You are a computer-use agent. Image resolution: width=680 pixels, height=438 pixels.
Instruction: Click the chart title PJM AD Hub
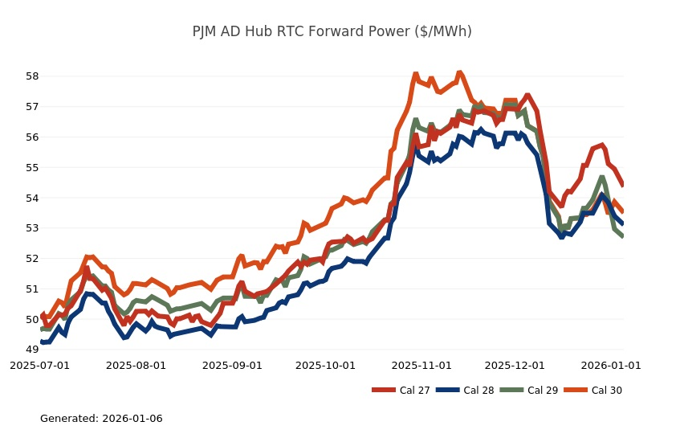coord(332,31)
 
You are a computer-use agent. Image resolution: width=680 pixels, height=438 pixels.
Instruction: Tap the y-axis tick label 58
coord(32,76)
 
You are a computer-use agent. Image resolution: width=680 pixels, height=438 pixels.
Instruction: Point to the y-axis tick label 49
coord(32,350)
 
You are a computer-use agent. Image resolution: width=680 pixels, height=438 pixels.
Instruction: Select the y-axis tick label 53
coord(32,228)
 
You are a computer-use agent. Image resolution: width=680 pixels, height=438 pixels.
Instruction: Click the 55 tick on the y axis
coord(32,167)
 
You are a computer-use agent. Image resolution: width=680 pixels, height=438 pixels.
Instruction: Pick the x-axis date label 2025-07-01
coord(39,365)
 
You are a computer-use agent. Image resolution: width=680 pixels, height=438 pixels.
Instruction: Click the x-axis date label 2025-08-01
coord(136,365)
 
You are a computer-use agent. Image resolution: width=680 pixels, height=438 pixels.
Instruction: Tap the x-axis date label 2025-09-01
coord(232,365)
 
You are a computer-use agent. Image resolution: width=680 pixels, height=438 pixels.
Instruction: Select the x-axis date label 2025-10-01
coord(325,365)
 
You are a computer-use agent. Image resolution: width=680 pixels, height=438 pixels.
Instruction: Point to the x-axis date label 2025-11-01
coord(421,365)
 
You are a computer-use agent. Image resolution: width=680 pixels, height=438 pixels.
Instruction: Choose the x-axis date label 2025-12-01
coord(515,365)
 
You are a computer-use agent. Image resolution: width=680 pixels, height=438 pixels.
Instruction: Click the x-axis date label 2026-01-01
coord(611,365)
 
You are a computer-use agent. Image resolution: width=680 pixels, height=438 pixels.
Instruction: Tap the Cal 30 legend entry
coord(605,391)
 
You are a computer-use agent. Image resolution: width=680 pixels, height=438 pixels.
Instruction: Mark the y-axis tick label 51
coord(32,289)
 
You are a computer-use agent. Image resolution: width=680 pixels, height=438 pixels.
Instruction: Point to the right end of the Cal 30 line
coord(623,212)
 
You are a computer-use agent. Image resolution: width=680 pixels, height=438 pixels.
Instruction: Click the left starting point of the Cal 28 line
coord(41,342)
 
